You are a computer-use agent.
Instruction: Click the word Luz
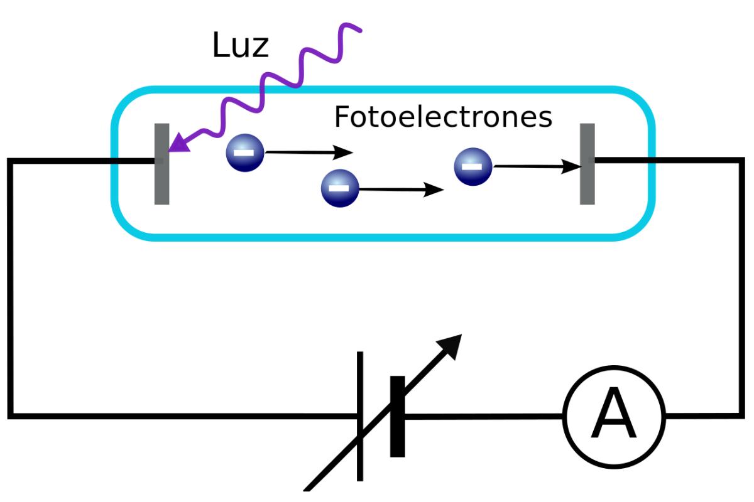click(241, 46)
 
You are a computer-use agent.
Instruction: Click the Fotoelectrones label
click(443, 117)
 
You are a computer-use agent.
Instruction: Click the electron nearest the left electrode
click(246, 152)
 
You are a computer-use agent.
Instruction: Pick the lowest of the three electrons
click(339, 188)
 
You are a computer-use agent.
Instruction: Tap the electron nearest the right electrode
click(473, 166)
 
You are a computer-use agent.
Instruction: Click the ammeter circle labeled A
click(613, 415)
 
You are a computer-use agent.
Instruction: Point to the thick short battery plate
click(397, 416)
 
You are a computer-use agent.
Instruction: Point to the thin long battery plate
click(360, 416)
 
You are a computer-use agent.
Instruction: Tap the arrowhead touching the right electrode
click(572, 167)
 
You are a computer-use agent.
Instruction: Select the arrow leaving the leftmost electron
click(308, 152)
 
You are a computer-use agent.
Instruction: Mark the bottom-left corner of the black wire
click(11, 415)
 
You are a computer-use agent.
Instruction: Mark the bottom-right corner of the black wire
click(741, 415)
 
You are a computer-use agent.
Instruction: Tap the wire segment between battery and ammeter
click(484, 415)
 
